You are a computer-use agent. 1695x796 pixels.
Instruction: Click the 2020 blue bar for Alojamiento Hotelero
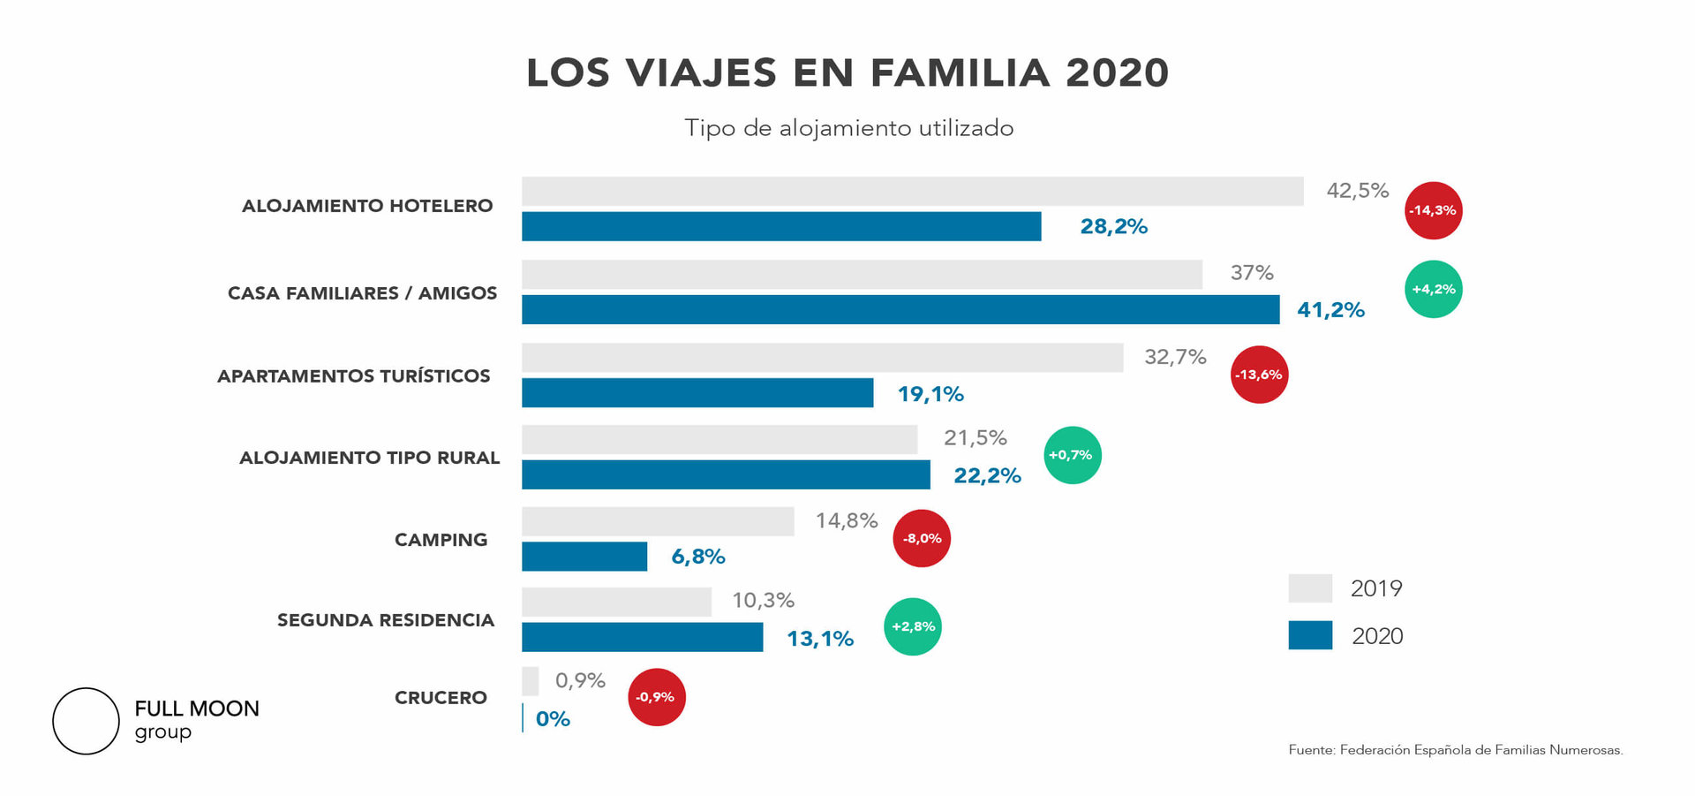[x=781, y=226]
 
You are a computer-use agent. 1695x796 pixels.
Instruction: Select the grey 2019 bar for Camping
[x=658, y=521]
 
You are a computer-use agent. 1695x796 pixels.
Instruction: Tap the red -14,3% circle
[x=1433, y=210]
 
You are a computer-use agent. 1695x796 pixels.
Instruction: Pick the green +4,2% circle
[x=1433, y=289]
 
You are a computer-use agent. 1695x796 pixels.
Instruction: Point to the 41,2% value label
[x=1330, y=310]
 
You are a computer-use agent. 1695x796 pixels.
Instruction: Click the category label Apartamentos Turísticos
[x=353, y=376]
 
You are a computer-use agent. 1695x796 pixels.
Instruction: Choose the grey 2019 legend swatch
[x=1310, y=588]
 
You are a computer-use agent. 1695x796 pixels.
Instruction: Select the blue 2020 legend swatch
[x=1310, y=635]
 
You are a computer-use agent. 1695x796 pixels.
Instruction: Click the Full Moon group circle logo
[x=86, y=721]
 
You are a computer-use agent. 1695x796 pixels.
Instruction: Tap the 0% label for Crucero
[x=553, y=719]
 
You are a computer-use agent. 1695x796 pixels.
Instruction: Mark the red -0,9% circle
[x=656, y=697]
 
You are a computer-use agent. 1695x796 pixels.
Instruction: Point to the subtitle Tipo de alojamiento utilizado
[x=848, y=128]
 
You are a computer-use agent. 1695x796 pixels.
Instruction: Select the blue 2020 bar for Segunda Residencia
[x=642, y=637]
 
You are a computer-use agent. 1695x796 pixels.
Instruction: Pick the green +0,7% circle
[x=1072, y=455]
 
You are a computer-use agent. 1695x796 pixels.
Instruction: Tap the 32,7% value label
[x=1175, y=357]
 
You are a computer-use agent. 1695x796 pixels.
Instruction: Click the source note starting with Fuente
[x=1455, y=750]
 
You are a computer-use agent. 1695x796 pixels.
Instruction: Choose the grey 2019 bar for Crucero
[x=530, y=681]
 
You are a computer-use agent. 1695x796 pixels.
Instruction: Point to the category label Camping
[x=441, y=540]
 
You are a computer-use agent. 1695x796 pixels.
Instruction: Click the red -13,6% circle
[x=1259, y=375]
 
